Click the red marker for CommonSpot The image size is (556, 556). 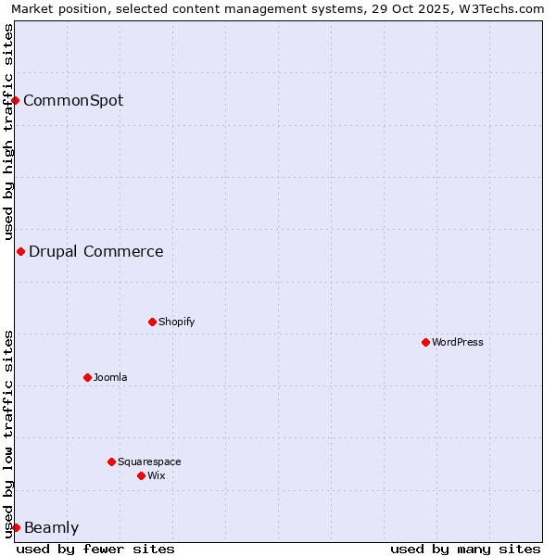pos(16,100)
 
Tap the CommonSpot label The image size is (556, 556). pos(73,100)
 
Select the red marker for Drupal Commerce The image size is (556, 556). pos(20,251)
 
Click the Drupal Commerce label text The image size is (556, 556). pos(96,251)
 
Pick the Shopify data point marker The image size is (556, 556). pos(152,322)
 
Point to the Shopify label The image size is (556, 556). pos(177,322)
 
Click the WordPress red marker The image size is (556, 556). pos(425,342)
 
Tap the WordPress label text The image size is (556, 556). pos(458,342)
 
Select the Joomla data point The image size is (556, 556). pos(87,377)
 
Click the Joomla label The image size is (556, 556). pos(110,377)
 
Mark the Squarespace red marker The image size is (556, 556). pos(111,461)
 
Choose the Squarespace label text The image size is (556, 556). pos(149,461)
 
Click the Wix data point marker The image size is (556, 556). pos(141,475)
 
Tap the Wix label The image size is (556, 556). pos(157,475)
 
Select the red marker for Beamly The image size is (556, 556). pos(16,527)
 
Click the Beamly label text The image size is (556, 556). pos(51,528)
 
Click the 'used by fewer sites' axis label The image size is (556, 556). pos(95,549)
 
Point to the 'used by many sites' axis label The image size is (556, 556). pos(465,549)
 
